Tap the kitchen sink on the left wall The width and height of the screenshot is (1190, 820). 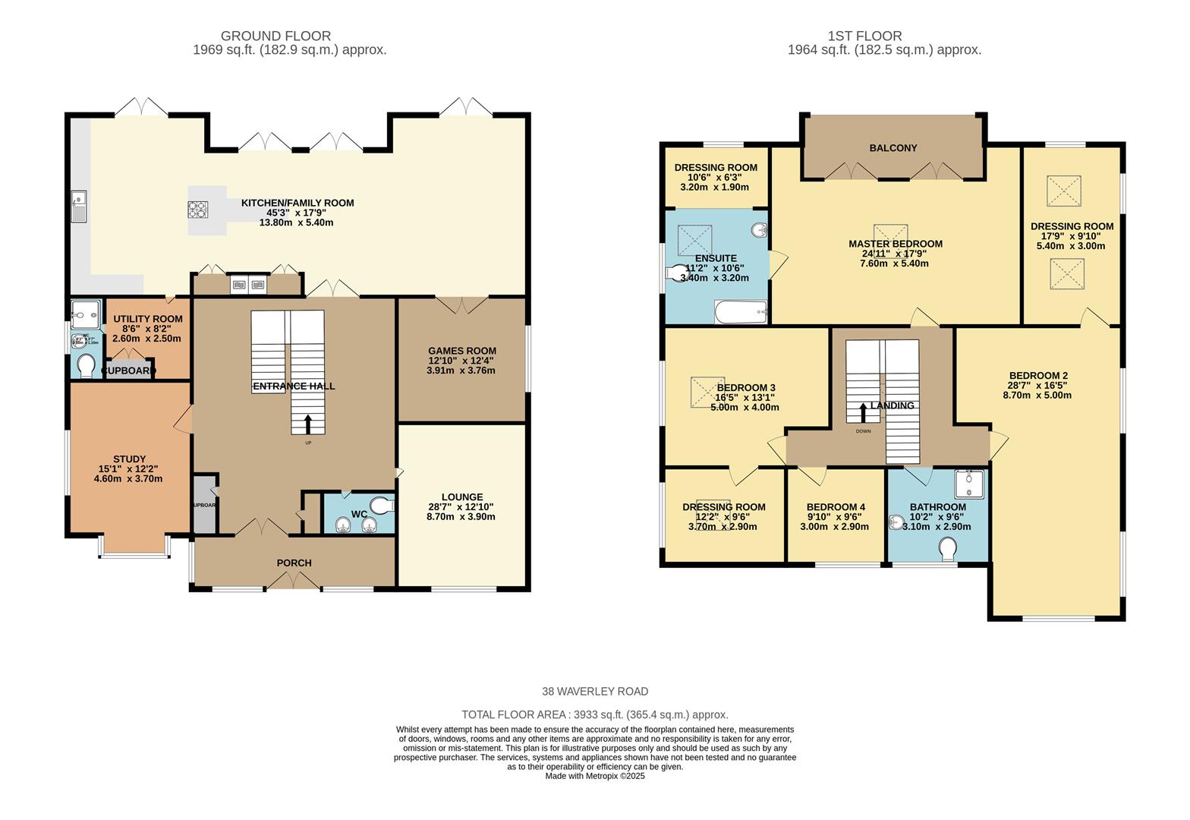(x=80, y=206)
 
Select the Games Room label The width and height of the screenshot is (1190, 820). (x=461, y=351)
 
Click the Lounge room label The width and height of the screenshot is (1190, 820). (x=461, y=497)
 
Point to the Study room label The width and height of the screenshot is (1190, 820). (x=129, y=459)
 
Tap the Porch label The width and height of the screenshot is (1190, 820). (x=294, y=563)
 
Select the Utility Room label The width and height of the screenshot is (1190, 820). (x=148, y=319)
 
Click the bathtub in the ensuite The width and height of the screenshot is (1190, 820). (x=741, y=311)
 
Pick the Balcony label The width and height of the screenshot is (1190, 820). (x=893, y=148)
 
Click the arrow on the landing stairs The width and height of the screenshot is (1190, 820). (x=863, y=412)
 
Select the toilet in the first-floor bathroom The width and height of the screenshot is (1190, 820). (x=948, y=549)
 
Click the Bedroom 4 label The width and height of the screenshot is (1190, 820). (x=836, y=507)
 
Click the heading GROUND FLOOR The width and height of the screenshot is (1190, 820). (x=275, y=36)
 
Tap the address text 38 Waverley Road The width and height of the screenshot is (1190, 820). (x=595, y=691)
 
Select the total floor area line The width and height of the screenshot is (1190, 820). (x=595, y=714)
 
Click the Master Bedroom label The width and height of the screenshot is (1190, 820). (x=896, y=244)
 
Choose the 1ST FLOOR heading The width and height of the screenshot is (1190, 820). (x=864, y=36)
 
